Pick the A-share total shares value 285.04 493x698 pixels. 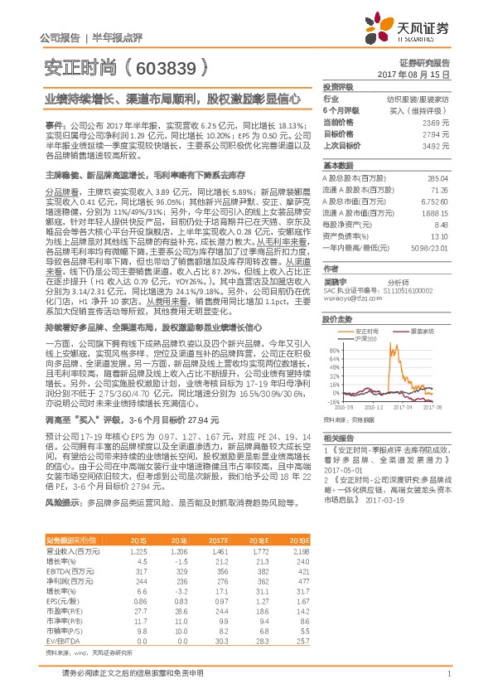438,177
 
